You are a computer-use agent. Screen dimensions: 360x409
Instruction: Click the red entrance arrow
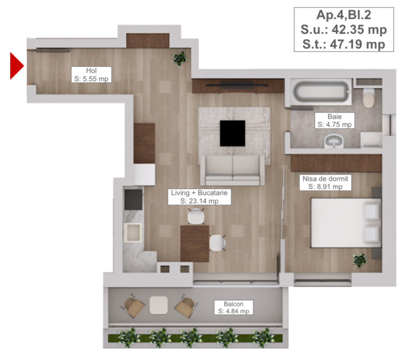coord(16,66)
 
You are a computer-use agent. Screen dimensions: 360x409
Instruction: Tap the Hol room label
coord(91,75)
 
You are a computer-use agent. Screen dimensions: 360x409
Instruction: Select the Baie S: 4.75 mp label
coord(335,121)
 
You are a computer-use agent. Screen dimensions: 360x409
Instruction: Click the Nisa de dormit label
coord(326,182)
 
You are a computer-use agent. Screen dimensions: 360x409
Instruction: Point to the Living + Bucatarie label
coord(199,197)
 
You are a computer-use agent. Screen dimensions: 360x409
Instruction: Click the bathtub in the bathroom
coord(320,91)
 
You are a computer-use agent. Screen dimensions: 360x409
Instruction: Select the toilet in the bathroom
coord(369,98)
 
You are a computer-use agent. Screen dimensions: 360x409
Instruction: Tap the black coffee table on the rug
coord(232,133)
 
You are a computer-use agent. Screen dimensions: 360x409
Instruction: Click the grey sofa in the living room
coord(232,170)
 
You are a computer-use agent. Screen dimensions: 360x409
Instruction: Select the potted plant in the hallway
coord(179,58)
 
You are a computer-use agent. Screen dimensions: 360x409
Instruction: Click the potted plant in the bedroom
coord(359,260)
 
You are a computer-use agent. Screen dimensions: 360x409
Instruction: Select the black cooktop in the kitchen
coord(133,200)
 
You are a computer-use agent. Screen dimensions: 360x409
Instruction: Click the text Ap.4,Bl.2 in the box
coord(343,15)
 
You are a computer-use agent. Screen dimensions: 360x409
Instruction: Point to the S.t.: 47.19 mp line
coord(343,44)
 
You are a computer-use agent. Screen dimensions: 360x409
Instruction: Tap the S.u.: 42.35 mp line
coord(343,30)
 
